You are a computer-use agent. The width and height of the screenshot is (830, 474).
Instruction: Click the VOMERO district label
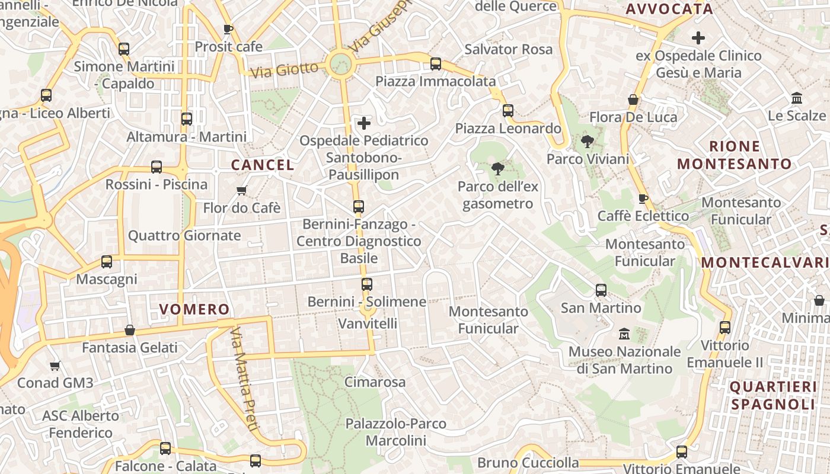tap(194, 309)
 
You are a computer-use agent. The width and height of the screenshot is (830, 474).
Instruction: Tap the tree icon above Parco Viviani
tap(588, 142)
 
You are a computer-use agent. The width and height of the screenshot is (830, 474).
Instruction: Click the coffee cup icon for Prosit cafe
tap(228, 29)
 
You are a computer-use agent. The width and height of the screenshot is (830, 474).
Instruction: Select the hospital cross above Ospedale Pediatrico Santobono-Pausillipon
tap(364, 123)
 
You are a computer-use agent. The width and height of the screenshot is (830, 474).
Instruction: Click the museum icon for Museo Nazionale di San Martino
tap(624, 334)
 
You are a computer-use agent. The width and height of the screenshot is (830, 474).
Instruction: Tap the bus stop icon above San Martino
tap(601, 290)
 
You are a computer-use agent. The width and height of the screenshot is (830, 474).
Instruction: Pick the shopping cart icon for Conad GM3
tap(55, 366)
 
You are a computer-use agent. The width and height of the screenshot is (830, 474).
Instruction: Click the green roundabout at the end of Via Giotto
tap(340, 63)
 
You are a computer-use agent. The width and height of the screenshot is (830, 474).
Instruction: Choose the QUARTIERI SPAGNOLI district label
tap(773, 396)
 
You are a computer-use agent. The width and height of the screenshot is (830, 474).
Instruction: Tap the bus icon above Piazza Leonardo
tap(507, 111)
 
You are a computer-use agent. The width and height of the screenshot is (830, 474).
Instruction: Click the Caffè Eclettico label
tap(643, 216)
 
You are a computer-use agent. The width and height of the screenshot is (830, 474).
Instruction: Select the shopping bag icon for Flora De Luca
tap(633, 100)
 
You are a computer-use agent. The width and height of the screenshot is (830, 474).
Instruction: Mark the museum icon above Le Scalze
tap(797, 98)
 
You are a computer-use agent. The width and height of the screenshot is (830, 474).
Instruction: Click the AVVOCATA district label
tap(669, 9)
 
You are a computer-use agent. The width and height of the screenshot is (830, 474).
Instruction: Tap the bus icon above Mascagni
tap(107, 261)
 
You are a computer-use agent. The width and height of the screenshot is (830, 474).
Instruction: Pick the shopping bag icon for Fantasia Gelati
tap(130, 330)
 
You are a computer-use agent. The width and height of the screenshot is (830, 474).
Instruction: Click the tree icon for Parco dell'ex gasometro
tap(498, 169)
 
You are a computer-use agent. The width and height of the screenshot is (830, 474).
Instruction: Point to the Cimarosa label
tap(375, 382)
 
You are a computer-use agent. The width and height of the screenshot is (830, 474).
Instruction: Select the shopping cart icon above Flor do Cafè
tap(241, 191)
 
